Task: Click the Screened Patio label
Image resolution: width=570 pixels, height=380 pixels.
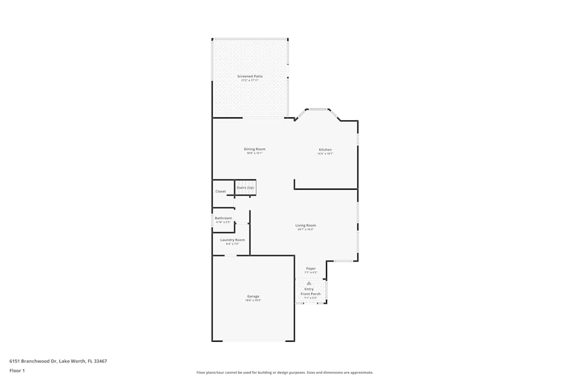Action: (x=250, y=76)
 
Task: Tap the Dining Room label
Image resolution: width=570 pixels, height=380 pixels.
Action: (x=255, y=149)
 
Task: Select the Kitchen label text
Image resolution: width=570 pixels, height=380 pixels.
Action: (x=325, y=150)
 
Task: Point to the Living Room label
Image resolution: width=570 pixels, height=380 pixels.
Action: (x=306, y=225)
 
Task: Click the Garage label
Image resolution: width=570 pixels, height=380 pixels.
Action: (x=253, y=296)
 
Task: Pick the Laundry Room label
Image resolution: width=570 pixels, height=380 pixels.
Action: (x=232, y=240)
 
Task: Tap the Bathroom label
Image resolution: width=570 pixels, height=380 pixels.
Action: (x=223, y=218)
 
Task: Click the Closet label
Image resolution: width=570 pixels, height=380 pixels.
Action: (x=221, y=191)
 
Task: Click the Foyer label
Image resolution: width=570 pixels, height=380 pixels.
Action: (x=311, y=268)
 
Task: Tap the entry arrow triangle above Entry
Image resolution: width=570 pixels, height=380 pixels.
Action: (x=309, y=283)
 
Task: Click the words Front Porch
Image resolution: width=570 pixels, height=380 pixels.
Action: (x=311, y=294)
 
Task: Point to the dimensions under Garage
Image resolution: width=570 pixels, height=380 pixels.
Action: (x=253, y=300)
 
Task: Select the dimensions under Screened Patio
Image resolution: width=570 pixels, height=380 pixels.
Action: (x=250, y=80)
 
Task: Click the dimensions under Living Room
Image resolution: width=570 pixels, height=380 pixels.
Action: (x=306, y=230)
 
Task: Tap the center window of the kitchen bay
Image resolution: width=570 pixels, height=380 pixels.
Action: (x=317, y=109)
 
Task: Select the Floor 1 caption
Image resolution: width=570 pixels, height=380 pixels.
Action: (x=17, y=370)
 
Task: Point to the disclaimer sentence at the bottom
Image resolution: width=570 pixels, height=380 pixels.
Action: (x=285, y=373)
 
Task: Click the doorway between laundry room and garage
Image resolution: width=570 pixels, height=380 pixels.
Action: (x=230, y=255)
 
